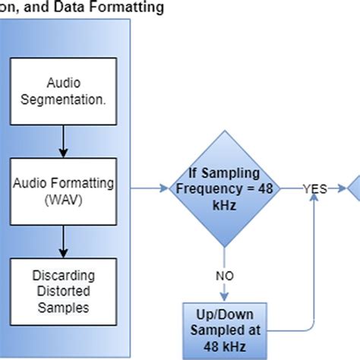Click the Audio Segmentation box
[62, 91]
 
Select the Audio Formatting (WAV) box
[62, 189]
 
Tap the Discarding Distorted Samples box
[62, 289]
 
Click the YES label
[314, 189]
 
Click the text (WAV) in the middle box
[62, 197]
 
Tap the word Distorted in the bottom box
[62, 290]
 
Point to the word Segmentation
[62, 99]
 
